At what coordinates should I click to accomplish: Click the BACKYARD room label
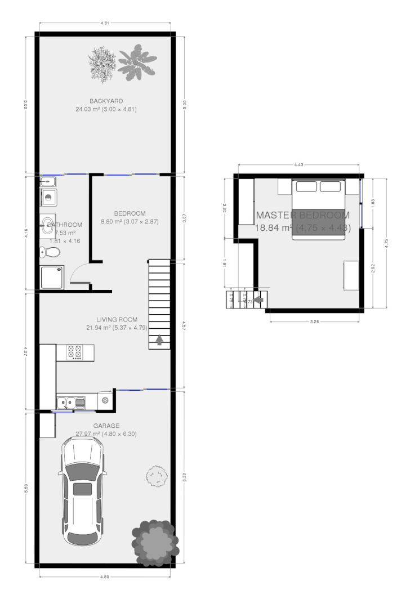pyautogui.click(x=106, y=101)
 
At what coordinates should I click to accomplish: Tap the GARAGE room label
pyautogui.click(x=106, y=426)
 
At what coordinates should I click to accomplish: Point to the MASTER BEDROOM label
pyautogui.click(x=303, y=215)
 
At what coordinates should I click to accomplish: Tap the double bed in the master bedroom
pyautogui.click(x=318, y=209)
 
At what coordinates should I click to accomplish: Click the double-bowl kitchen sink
pyautogui.click(x=72, y=402)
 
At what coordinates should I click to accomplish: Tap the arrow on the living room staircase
pyautogui.click(x=159, y=339)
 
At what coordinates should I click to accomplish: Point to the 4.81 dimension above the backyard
pyautogui.click(x=105, y=23)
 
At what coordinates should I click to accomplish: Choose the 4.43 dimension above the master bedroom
pyautogui.click(x=299, y=164)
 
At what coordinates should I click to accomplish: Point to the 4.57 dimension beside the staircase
pyautogui.click(x=184, y=325)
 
